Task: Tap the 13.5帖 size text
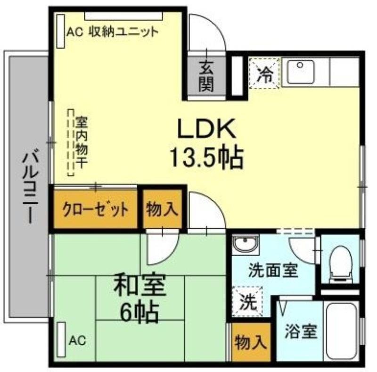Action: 206,158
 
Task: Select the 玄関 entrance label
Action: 205,76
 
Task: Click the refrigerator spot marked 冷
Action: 266,73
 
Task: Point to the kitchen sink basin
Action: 298,72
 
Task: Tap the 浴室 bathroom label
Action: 300,332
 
